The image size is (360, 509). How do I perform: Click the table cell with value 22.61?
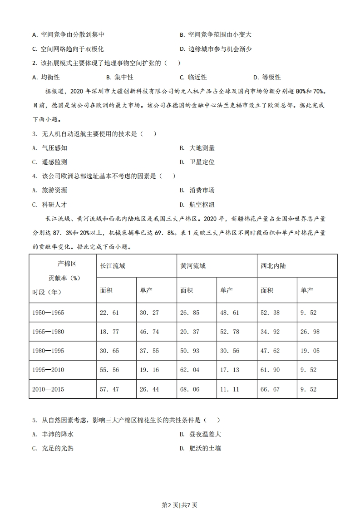point(109,313)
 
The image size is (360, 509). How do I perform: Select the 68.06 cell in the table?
point(190,389)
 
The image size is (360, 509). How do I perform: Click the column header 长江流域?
point(113,266)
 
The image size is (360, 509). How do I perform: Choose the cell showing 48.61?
point(230,313)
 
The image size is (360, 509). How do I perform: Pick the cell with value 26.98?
point(310,332)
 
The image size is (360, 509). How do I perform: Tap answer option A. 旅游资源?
point(50,190)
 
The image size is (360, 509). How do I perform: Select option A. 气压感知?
point(50,148)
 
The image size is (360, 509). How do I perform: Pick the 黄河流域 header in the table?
point(193,266)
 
